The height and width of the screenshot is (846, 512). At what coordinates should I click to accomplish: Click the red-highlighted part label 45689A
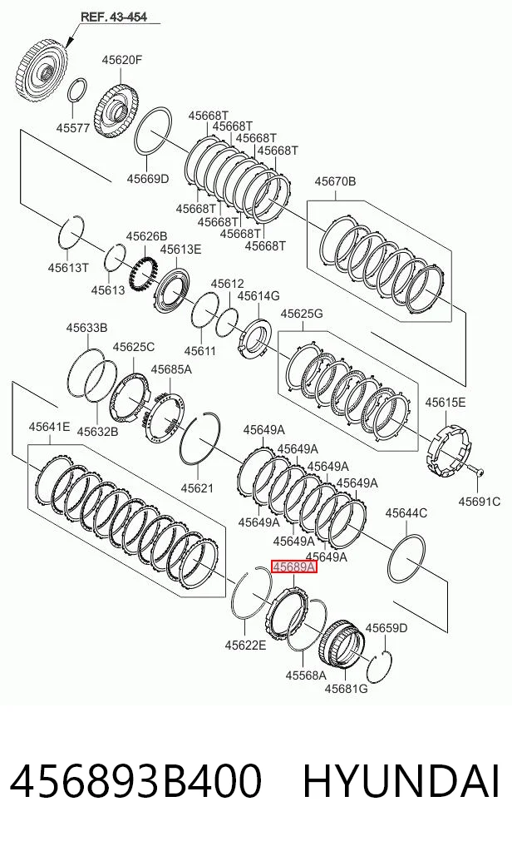(x=293, y=567)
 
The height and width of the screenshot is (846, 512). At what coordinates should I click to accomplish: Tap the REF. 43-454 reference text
(x=114, y=17)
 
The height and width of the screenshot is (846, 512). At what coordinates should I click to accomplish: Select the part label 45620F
(x=122, y=60)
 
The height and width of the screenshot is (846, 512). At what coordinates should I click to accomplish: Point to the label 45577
(x=73, y=128)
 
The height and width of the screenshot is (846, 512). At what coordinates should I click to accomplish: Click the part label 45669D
(x=148, y=179)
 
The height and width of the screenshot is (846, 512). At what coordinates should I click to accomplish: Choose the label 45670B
(x=335, y=181)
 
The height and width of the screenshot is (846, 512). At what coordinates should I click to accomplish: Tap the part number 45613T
(x=68, y=267)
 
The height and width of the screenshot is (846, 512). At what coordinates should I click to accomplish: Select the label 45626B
(x=146, y=235)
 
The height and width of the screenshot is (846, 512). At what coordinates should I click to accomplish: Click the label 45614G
(x=258, y=295)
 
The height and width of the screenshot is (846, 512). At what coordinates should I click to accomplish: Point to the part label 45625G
(x=302, y=314)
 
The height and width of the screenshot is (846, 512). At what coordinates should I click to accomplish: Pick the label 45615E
(x=446, y=402)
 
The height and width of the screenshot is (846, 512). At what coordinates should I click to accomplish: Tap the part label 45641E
(x=49, y=427)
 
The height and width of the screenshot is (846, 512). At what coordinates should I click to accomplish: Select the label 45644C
(x=406, y=513)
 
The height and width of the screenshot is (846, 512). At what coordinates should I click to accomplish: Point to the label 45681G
(x=346, y=689)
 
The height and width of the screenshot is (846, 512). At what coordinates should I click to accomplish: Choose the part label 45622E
(x=245, y=645)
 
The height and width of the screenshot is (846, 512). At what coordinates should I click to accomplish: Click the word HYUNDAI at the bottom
(x=401, y=781)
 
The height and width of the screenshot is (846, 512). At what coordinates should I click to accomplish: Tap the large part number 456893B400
(x=135, y=781)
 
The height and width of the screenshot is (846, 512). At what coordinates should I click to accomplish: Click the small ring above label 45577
(x=77, y=90)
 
